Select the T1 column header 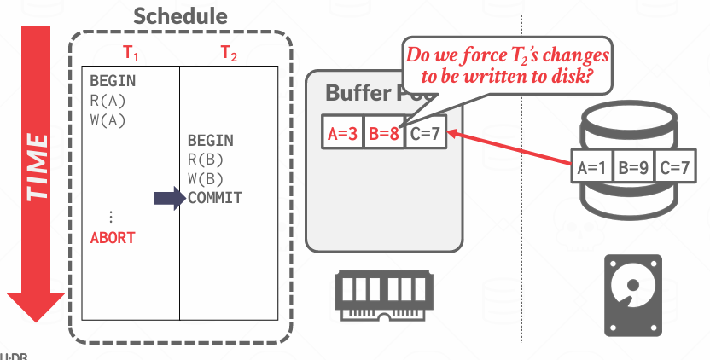point(130,53)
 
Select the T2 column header point(230,53)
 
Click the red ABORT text point(113,238)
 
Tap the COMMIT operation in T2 point(215,198)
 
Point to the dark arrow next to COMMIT point(169,199)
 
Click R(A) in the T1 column point(108,101)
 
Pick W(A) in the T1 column point(108,119)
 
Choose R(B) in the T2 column point(206,159)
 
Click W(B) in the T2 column point(206,178)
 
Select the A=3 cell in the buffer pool point(342,134)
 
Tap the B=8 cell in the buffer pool point(383,134)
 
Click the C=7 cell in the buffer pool point(424,134)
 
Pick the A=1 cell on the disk point(591,167)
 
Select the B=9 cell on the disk point(633,167)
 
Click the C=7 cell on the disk point(674,167)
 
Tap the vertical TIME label point(36,166)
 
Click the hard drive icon point(632,293)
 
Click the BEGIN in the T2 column point(210,140)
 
